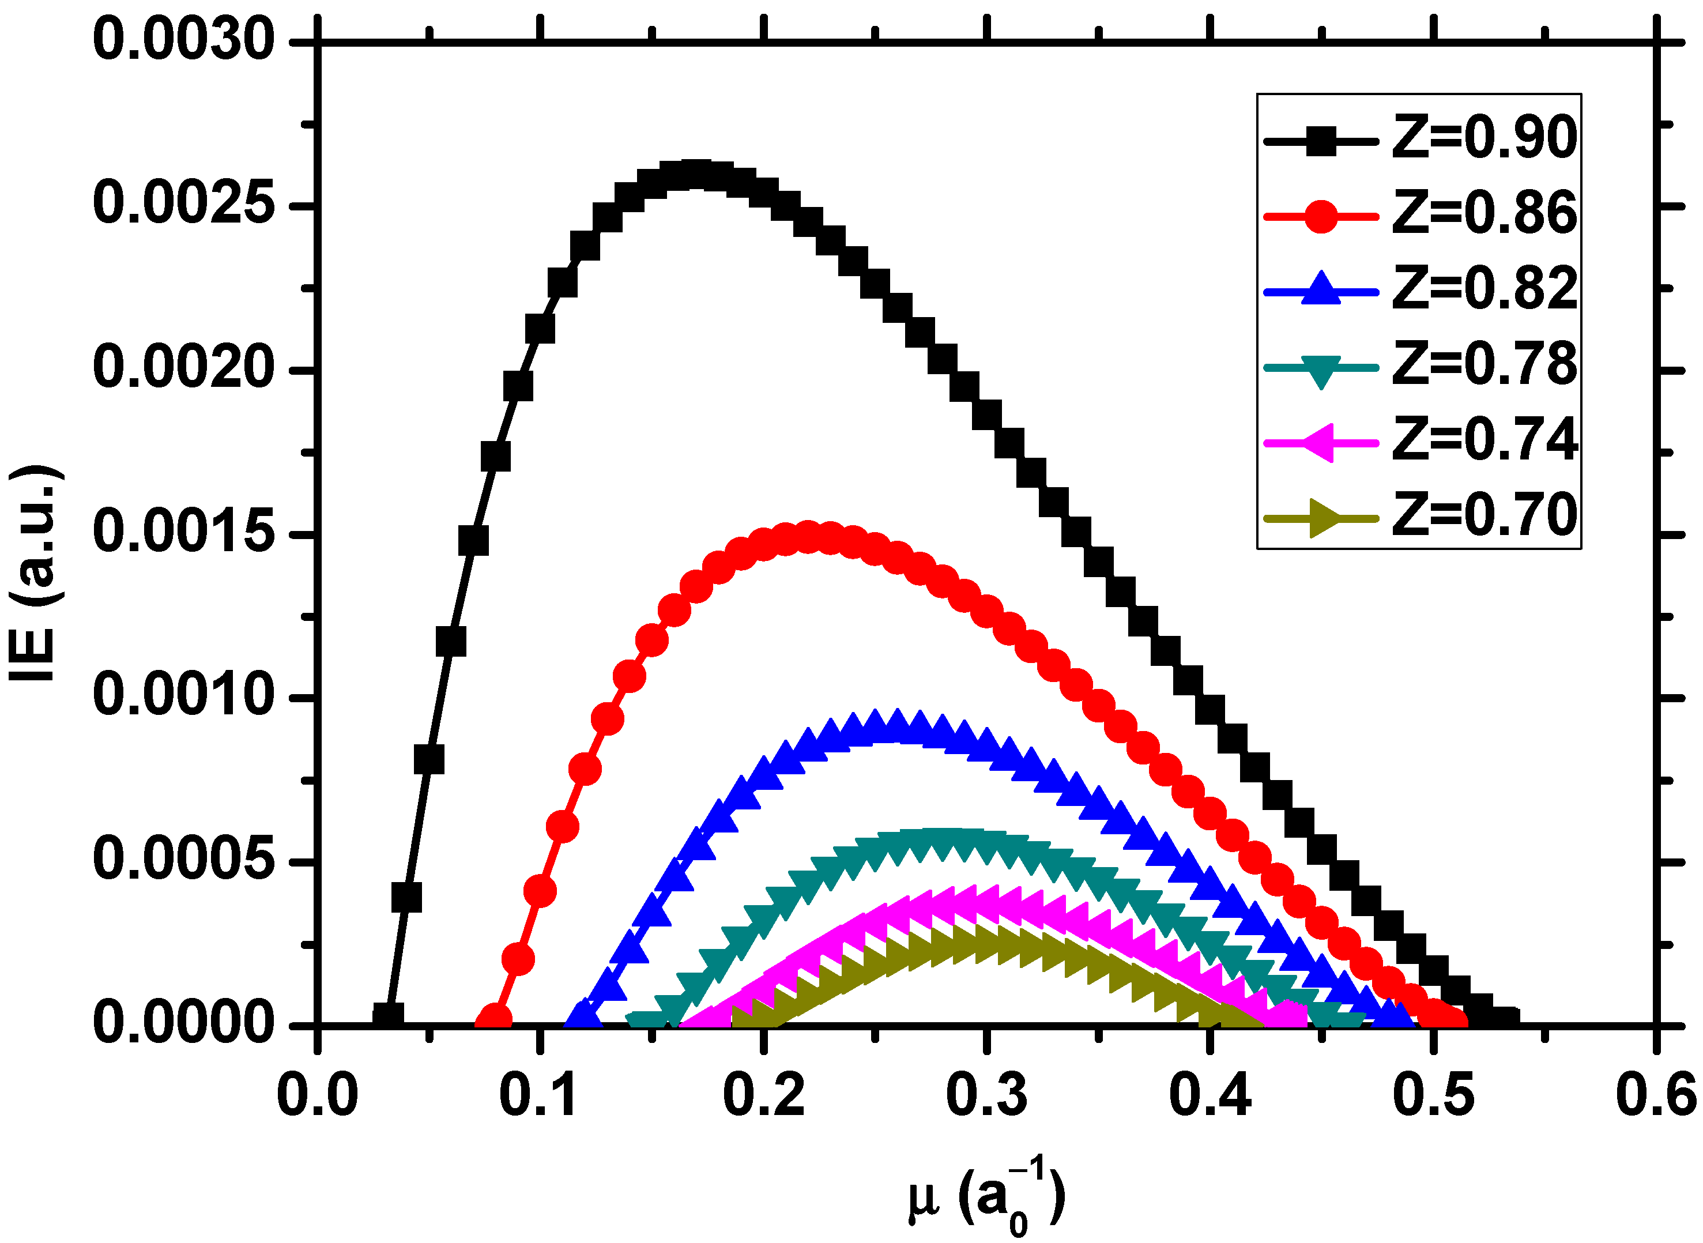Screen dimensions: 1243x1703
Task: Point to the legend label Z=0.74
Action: click(x=1484, y=442)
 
